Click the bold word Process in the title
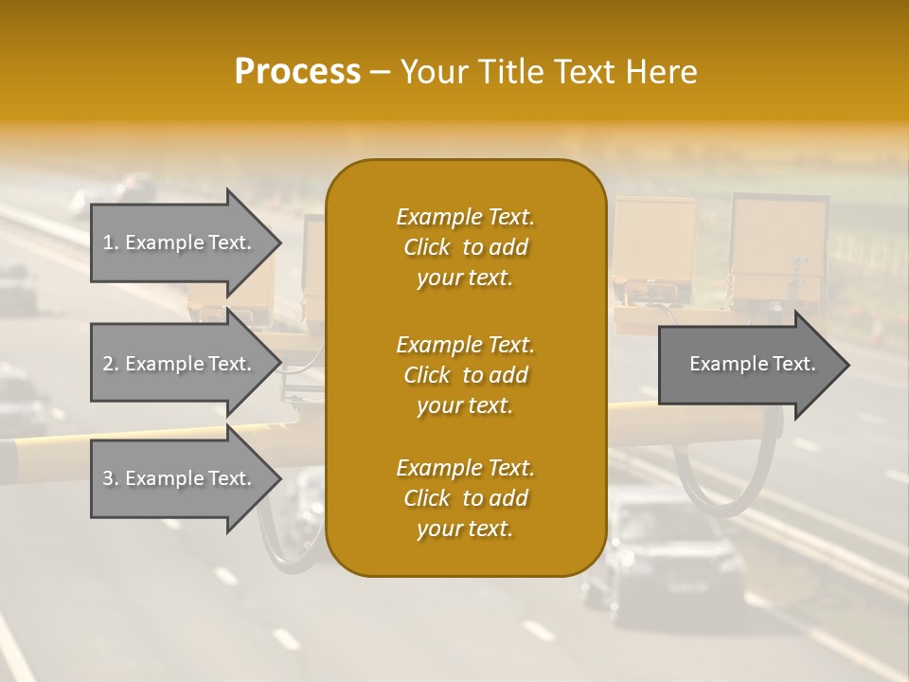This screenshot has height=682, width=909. pos(297,72)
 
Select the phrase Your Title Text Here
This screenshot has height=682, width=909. pos(549,72)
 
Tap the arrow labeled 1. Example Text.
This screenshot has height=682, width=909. pos(180,242)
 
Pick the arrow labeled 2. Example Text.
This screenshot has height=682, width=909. pos(180,364)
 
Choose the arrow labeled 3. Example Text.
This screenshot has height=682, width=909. pos(180,478)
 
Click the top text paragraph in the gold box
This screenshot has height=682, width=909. pos(465,247)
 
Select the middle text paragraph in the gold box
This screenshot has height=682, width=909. pos(465,375)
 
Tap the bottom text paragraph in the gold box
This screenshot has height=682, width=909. pos(465,498)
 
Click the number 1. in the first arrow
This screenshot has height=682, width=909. pos(111,242)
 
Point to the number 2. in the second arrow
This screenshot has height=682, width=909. pos(111,364)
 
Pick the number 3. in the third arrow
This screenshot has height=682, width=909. pos(111,478)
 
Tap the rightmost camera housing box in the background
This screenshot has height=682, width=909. pos(778,242)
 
